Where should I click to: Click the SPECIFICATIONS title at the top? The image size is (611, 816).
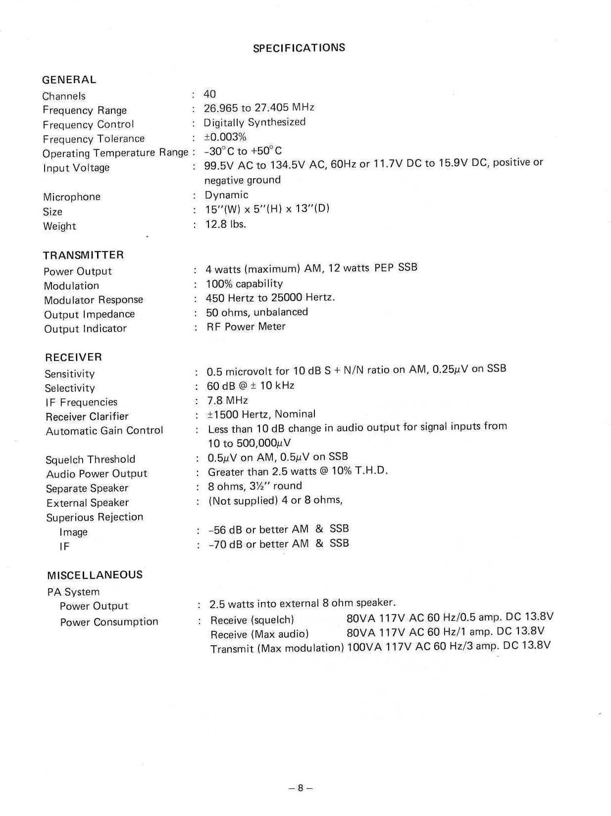tap(299, 48)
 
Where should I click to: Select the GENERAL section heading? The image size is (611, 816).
tap(69, 80)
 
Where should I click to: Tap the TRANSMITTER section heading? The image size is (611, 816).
tap(83, 255)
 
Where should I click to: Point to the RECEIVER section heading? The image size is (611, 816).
tap(73, 357)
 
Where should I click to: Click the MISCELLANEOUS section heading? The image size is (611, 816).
tap(95, 575)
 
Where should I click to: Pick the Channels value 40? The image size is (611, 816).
tap(209, 94)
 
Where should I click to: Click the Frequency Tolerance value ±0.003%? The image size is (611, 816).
tap(225, 137)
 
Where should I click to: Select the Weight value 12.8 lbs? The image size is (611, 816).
tap(226, 224)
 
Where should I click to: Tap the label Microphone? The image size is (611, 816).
tap(72, 197)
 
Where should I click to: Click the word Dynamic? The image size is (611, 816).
tap(226, 195)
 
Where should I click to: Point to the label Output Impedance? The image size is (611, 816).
tap(89, 314)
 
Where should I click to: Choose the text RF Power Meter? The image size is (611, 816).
tap(246, 327)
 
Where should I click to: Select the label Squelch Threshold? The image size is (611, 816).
tap(90, 459)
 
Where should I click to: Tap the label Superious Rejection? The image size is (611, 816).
tap(95, 517)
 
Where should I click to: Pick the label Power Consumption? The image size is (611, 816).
tap(109, 622)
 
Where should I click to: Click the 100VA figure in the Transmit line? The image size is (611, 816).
tap(364, 647)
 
